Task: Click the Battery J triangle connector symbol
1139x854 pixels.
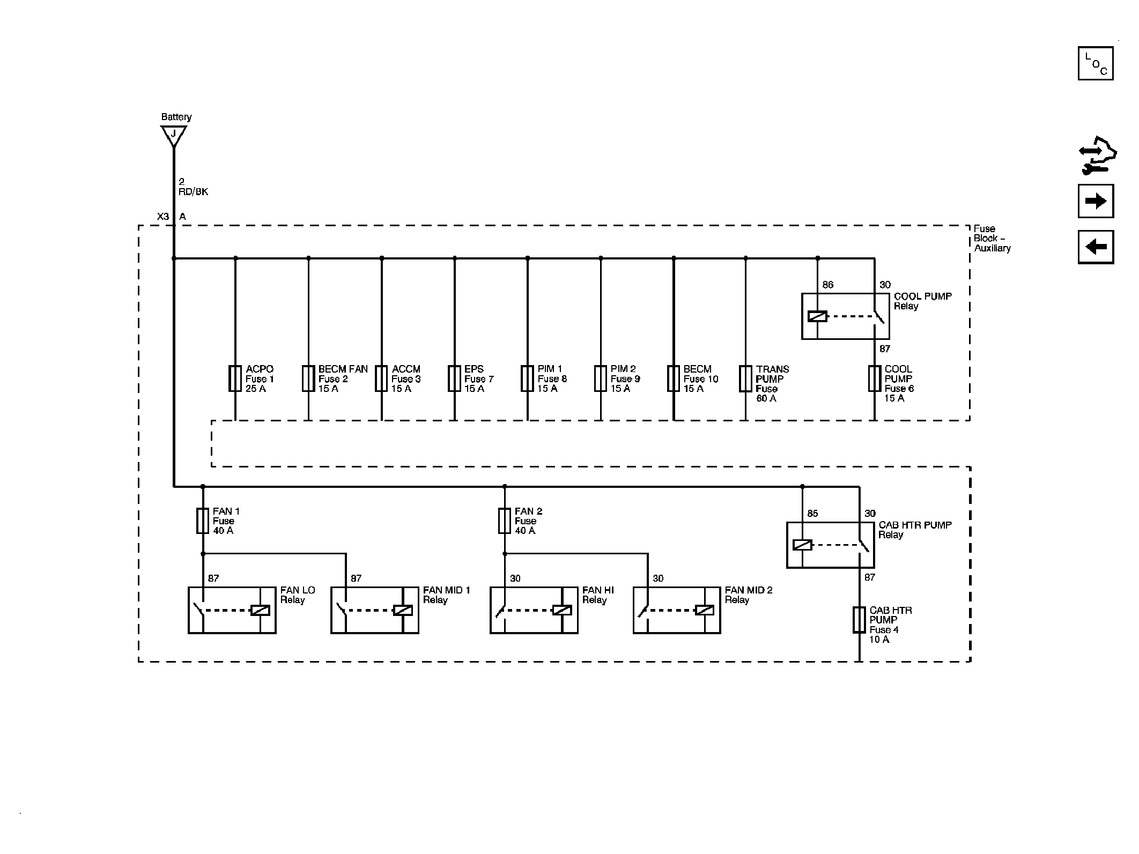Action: (x=173, y=135)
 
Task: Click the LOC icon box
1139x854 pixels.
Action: (x=1095, y=63)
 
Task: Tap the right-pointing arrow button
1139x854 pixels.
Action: (x=1096, y=201)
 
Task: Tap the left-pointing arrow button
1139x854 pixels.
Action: (x=1096, y=247)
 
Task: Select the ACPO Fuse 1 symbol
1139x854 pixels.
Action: (x=235, y=378)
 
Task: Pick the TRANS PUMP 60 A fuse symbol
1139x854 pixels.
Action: (x=745, y=378)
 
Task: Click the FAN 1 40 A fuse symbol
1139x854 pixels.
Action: (x=202, y=521)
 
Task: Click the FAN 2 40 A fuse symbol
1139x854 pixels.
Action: (x=504, y=521)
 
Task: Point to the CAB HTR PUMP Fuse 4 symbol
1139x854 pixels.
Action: (x=859, y=620)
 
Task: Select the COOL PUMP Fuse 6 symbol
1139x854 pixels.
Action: (x=875, y=378)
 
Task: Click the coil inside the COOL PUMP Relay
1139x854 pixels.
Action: (x=817, y=316)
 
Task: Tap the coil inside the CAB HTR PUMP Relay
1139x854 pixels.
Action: (x=802, y=545)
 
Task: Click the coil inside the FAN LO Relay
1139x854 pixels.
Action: (x=261, y=610)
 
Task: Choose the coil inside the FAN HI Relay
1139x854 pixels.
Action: (x=563, y=610)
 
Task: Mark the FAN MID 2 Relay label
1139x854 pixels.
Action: (x=748, y=595)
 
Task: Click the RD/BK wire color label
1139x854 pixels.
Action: (x=193, y=192)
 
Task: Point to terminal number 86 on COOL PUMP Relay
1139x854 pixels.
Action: (x=828, y=285)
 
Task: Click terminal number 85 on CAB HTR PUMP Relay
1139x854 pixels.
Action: (x=812, y=514)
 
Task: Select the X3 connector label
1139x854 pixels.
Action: (x=162, y=217)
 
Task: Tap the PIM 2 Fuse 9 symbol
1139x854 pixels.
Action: (x=601, y=378)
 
